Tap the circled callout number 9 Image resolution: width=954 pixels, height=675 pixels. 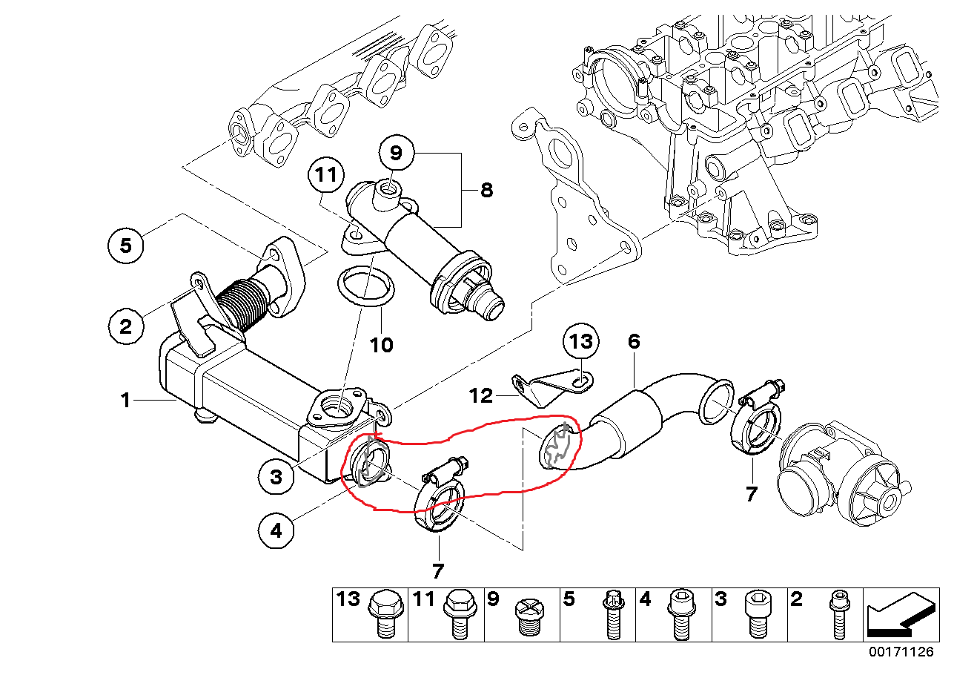click(395, 154)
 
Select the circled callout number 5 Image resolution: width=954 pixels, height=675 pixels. click(126, 245)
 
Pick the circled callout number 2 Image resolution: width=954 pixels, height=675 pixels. click(126, 325)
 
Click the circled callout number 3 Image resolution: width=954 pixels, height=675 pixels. click(276, 477)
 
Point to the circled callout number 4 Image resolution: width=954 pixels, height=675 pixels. click(276, 530)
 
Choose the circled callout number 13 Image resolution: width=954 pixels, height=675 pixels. click(581, 341)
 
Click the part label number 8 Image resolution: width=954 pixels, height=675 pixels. click(486, 190)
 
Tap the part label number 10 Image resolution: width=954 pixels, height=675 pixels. click(382, 345)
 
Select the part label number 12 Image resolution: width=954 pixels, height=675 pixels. click(481, 395)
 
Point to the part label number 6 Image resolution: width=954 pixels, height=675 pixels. click(634, 342)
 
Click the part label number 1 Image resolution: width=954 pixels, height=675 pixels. click(126, 401)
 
